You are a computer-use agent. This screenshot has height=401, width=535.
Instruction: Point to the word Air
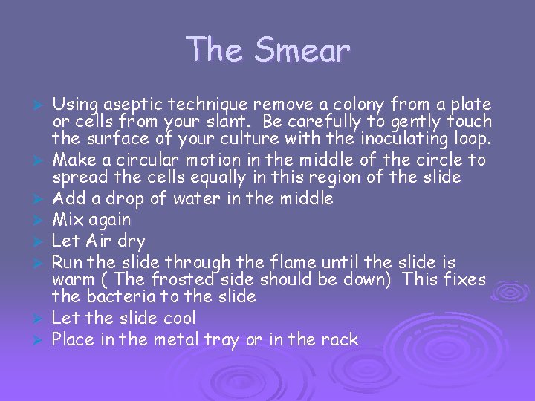pos(97,241)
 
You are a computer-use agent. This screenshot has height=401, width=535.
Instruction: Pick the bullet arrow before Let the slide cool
pos(42,319)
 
